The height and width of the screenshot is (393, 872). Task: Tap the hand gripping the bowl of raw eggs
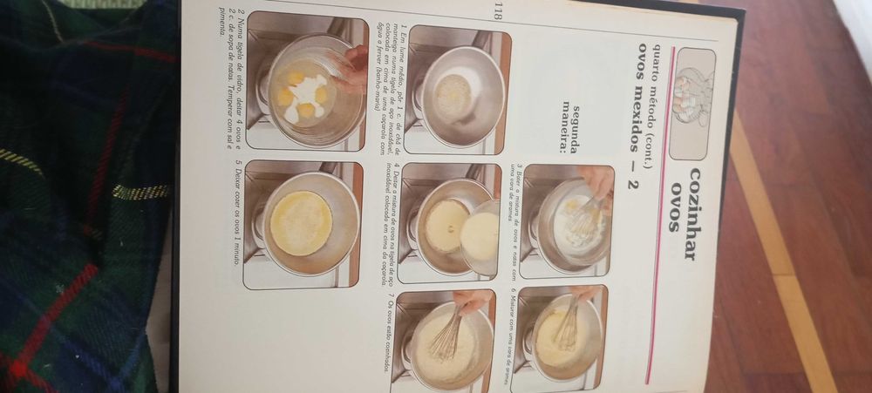click(x=352, y=70)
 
